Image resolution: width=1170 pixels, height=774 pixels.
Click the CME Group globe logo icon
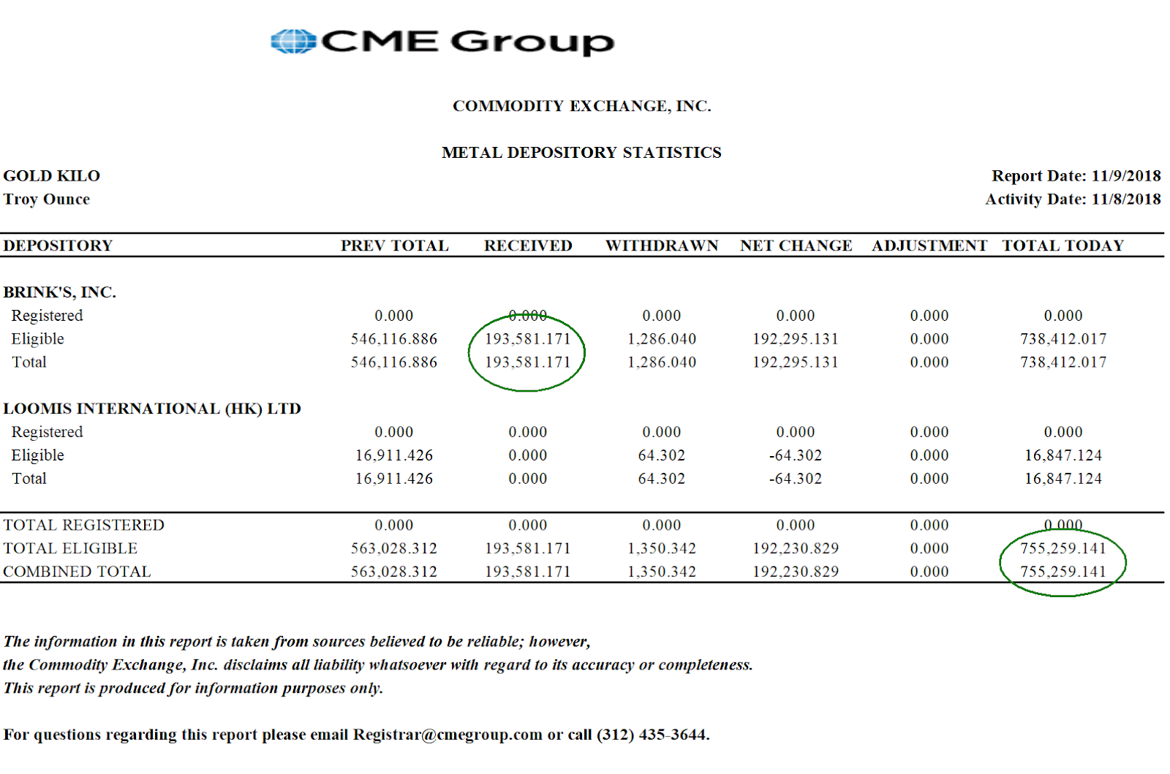(292, 42)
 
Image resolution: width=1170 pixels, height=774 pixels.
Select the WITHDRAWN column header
(662, 246)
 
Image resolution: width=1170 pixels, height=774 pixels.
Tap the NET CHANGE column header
(796, 246)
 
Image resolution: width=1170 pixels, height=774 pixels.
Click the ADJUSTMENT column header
(929, 246)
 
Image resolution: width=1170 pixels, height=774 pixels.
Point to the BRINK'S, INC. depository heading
(60, 292)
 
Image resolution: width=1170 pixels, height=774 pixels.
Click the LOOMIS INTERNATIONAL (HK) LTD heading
(152, 409)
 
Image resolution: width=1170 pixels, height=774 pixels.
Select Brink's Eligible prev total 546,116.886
(393, 339)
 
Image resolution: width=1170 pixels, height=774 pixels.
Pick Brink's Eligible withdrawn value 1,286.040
(662, 339)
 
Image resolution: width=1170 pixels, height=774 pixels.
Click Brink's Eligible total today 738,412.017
(1063, 339)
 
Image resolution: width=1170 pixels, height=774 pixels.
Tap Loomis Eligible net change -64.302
(796, 455)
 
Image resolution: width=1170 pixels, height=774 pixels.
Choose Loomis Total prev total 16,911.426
(393, 479)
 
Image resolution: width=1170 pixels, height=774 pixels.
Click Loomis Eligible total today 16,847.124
(1063, 455)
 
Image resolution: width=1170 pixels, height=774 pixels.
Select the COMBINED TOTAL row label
(77, 572)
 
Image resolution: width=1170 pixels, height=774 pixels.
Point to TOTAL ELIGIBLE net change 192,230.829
(796, 548)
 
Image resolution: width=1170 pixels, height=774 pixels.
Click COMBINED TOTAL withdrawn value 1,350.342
(662, 572)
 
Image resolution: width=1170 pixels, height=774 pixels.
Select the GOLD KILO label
(52, 176)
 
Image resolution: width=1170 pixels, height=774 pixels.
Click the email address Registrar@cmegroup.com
(448, 735)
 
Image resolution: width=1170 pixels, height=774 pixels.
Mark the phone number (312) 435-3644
(652, 735)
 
